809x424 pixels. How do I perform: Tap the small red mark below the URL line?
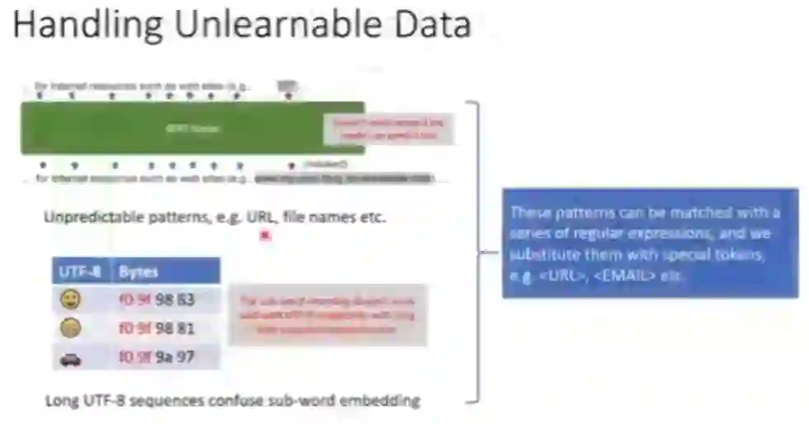(265, 236)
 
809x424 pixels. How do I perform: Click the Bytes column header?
(165, 271)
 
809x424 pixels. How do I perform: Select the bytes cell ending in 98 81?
(158, 327)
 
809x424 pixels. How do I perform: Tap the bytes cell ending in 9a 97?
(157, 357)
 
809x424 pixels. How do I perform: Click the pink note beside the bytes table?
(327, 314)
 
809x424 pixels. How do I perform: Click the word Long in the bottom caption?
(61, 402)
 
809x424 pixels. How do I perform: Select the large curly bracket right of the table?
(476, 252)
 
